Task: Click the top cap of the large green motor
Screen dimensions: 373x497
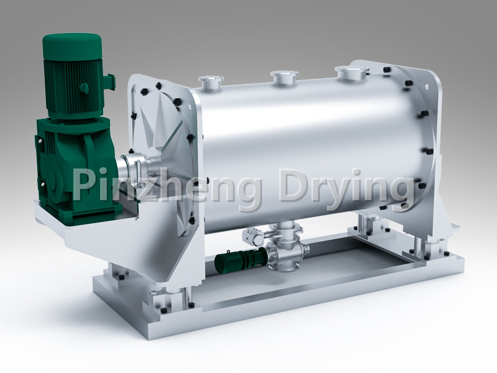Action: click(x=71, y=42)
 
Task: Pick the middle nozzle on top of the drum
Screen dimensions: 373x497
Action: click(x=285, y=77)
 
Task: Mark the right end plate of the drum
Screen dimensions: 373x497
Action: click(x=429, y=143)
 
